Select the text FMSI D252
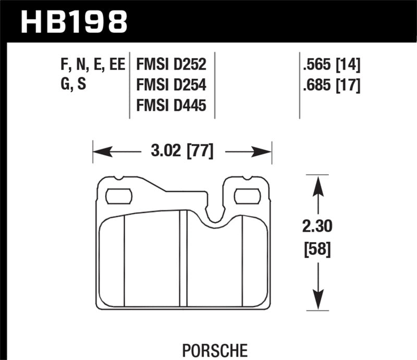(x=171, y=65)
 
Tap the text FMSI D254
(x=171, y=85)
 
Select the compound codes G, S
(x=73, y=85)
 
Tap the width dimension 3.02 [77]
(x=181, y=152)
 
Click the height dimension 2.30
(x=316, y=227)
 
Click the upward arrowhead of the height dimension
(x=315, y=182)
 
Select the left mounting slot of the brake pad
(x=119, y=196)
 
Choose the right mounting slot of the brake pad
(x=247, y=196)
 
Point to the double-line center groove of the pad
(x=183, y=258)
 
